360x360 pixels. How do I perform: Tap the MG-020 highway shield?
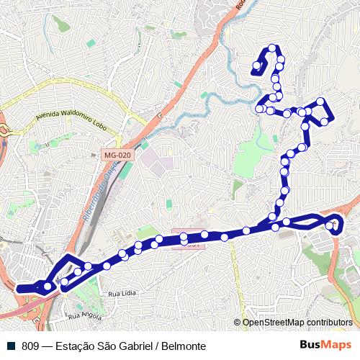pos(117,155)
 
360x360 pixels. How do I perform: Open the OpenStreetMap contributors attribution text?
pos(297,323)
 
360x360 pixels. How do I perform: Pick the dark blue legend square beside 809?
pos(12,346)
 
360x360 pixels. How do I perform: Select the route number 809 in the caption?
pos(30,346)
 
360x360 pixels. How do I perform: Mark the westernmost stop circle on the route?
pos(48,287)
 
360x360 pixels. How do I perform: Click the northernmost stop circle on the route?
pos(272,48)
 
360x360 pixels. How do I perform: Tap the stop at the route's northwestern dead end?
pos(256,70)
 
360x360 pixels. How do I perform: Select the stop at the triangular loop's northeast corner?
pos(321,101)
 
